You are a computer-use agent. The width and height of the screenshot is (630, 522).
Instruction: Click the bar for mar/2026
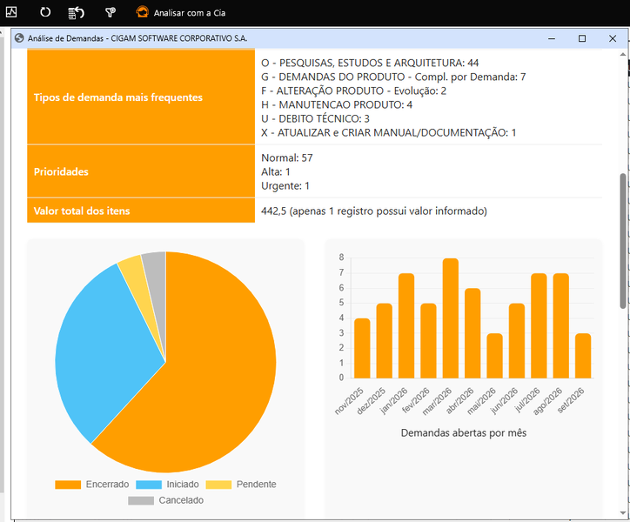pos(451,318)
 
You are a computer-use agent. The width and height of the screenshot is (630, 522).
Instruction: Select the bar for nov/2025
pos(362,348)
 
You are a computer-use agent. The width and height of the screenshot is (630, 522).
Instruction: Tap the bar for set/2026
pos(583,356)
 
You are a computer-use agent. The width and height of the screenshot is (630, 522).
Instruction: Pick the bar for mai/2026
pos(494,356)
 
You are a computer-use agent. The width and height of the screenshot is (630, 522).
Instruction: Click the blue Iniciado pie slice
pos(104,345)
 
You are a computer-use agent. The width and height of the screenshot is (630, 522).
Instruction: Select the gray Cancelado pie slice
pos(156,281)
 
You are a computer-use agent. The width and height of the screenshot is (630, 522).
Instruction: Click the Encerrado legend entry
pos(92,485)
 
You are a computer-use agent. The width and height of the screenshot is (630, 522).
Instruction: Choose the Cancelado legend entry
pos(166,500)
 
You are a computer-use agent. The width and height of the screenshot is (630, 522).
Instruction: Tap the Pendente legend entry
pos(241,485)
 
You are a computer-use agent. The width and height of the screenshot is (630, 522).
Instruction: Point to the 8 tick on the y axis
pos(341,258)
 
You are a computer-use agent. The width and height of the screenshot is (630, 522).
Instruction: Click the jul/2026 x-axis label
pos(527,400)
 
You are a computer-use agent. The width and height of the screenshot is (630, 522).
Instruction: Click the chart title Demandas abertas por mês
pos(464,432)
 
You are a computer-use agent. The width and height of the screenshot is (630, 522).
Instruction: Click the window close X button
pos(613,38)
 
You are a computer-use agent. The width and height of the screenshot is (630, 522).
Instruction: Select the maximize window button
pos(582,38)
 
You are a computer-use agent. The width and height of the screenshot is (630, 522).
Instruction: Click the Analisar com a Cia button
pos(181,12)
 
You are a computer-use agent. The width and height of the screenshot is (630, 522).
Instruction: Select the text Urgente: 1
pos(285,185)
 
